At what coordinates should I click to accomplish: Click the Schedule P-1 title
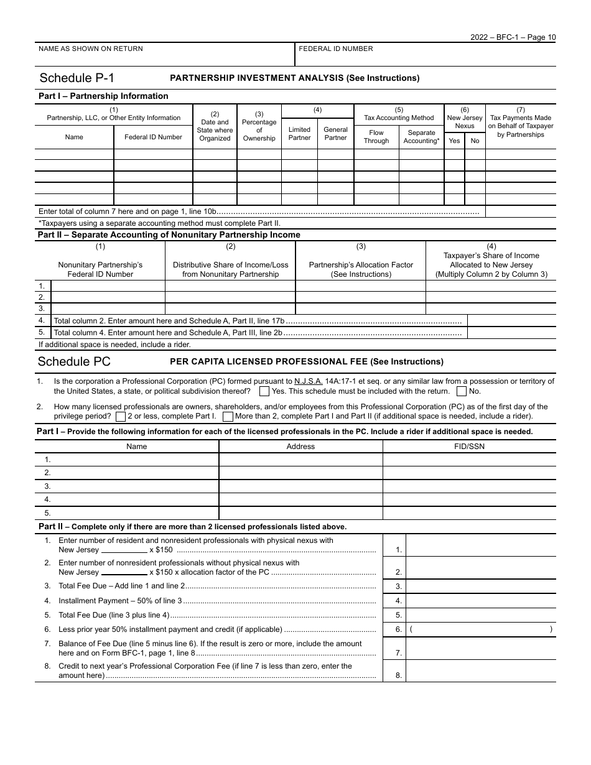coord(77,78)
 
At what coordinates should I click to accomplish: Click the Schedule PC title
coord(74,361)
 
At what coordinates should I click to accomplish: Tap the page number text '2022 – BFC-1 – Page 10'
coord(513,37)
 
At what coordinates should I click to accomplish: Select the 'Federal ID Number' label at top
coord(336,49)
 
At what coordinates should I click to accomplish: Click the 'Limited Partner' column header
coord(299,134)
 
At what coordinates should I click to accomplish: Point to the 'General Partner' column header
coord(335,134)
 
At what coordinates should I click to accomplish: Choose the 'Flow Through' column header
coord(376,137)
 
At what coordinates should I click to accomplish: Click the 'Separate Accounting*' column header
coord(421,137)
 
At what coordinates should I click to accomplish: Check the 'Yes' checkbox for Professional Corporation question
coord(264,391)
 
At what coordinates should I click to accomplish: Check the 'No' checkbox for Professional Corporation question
coord(462,391)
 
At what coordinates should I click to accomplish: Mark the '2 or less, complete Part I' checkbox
coord(121,416)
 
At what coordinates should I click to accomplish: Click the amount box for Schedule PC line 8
coord(480,670)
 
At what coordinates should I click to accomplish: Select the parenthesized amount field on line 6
coord(480,629)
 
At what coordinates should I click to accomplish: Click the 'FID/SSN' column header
coord(469,446)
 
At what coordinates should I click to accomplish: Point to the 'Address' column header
coord(300,446)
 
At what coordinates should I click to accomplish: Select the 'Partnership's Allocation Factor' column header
coord(361,269)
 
